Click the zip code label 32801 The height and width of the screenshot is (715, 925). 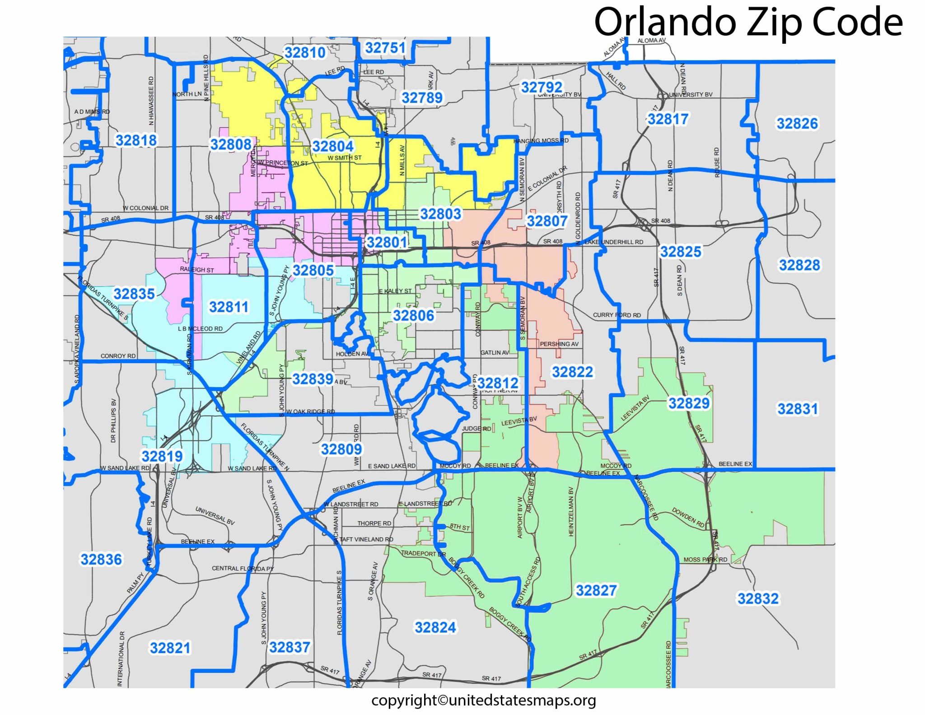click(386, 243)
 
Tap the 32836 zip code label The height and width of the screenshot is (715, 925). click(101, 560)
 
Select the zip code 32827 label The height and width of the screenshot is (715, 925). click(596, 590)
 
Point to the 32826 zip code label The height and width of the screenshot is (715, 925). click(797, 123)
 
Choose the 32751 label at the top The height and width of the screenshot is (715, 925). click(385, 47)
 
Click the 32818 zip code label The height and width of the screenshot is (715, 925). click(136, 140)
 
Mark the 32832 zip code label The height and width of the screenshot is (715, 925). click(757, 598)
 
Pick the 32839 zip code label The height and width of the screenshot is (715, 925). click(312, 379)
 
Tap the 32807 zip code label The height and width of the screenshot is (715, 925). click(547, 221)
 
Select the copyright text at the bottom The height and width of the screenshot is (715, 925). click(483, 700)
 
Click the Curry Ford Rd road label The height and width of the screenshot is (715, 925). click(617, 315)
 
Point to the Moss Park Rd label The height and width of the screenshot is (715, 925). click(705, 560)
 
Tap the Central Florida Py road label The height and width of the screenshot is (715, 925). click(243, 568)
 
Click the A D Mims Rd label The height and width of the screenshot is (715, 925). click(92, 112)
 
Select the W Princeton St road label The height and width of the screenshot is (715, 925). click(283, 163)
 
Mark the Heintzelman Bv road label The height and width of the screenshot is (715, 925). click(571, 511)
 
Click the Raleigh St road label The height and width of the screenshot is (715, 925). click(197, 270)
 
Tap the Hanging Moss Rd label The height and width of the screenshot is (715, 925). click(541, 141)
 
